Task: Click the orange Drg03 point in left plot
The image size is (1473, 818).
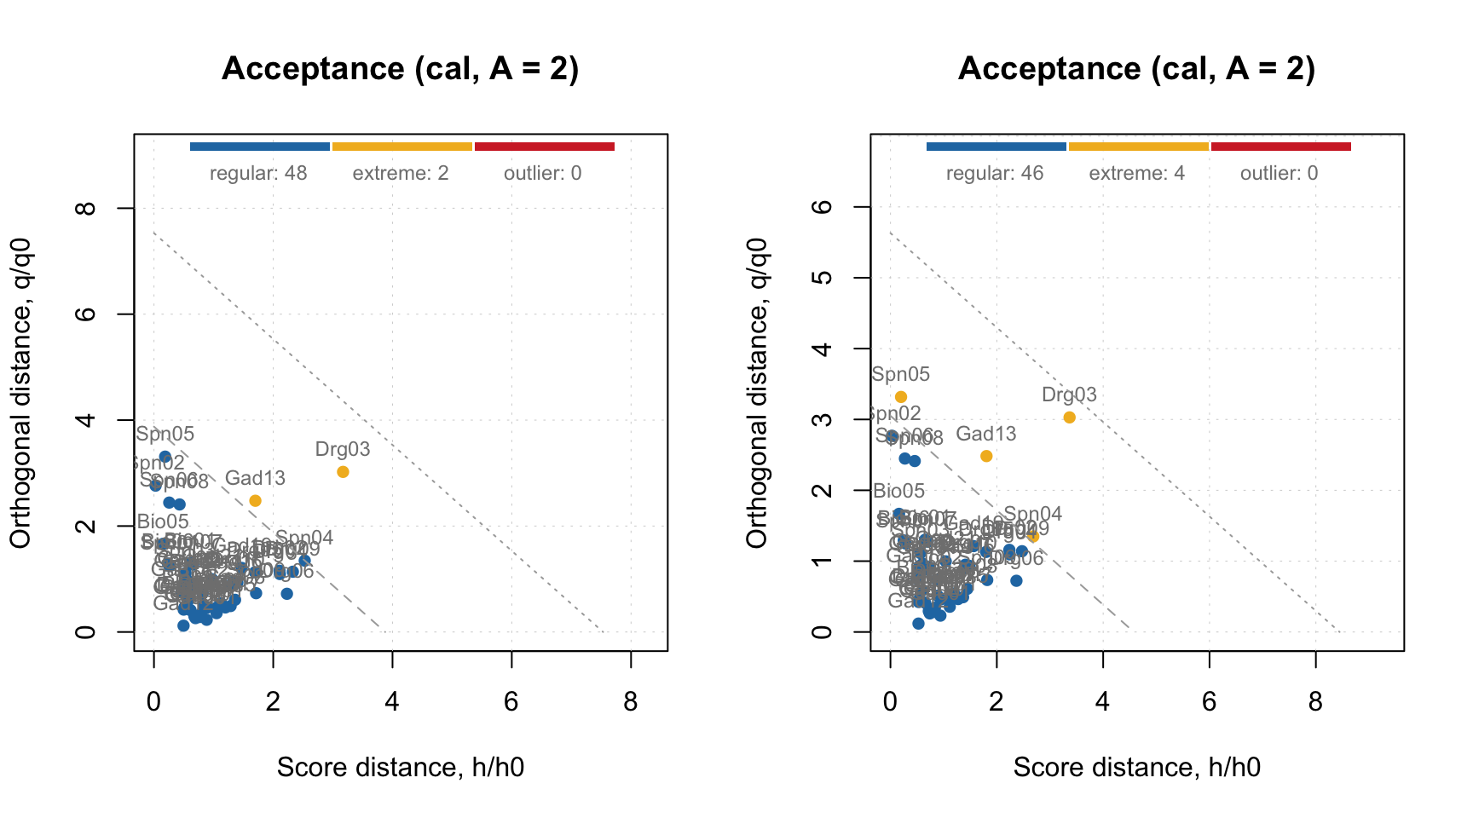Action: [343, 472]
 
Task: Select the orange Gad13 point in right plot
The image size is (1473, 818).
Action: [986, 456]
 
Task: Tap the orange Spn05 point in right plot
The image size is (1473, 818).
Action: [901, 397]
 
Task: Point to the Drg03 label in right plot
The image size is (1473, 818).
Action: [1069, 395]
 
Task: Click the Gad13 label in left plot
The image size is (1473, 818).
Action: [255, 479]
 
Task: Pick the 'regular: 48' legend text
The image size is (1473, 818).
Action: [258, 174]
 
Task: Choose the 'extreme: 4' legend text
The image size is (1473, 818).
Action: [1136, 174]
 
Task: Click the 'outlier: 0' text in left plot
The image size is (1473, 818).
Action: [542, 174]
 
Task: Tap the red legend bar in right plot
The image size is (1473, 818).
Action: [1280, 147]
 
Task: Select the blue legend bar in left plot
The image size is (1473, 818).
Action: [259, 147]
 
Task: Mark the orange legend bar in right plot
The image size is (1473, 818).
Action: [1138, 147]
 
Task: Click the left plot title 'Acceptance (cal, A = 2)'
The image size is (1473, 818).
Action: [401, 69]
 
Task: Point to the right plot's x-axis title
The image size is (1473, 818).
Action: [1136, 768]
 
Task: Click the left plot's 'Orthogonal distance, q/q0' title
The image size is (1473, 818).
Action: [20, 393]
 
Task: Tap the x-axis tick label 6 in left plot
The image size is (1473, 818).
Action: [511, 702]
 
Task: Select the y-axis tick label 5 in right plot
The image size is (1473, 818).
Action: [822, 278]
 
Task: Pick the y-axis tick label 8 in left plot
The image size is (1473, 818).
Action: [85, 208]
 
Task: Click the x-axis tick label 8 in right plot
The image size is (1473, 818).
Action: [1315, 702]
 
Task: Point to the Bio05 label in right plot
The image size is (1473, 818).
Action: [898, 491]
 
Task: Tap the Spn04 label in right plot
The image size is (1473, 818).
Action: [1032, 515]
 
